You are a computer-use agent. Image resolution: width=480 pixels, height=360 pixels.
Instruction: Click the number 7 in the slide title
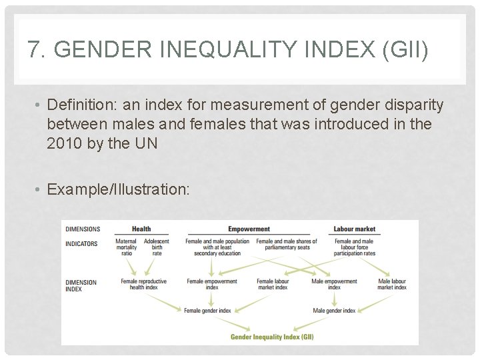pyautogui.click(x=33, y=50)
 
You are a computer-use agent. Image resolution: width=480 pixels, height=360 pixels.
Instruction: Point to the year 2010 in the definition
pyautogui.click(x=65, y=143)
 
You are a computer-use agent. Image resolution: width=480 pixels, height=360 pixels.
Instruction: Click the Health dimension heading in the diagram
pyautogui.click(x=141, y=229)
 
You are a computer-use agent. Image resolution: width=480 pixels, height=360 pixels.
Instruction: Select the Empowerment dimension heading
pyautogui.click(x=249, y=229)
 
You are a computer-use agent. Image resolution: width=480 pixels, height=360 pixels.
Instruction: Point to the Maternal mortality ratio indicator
pyautogui.click(x=127, y=247)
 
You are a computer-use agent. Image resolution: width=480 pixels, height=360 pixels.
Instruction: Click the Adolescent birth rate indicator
pyautogui.click(x=157, y=247)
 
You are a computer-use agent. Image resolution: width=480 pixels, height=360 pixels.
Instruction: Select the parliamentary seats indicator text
pyautogui.click(x=287, y=244)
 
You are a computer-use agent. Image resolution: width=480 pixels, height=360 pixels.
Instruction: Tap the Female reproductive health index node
pyautogui.click(x=143, y=285)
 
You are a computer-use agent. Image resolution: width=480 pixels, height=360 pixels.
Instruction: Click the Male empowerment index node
pyautogui.click(x=334, y=285)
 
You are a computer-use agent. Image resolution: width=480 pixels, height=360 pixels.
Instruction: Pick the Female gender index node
pyautogui.click(x=207, y=310)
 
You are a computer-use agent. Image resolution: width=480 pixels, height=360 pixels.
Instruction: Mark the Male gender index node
pyautogui.click(x=334, y=310)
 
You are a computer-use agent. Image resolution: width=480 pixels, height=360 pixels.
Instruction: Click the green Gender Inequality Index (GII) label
pyautogui.click(x=272, y=337)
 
